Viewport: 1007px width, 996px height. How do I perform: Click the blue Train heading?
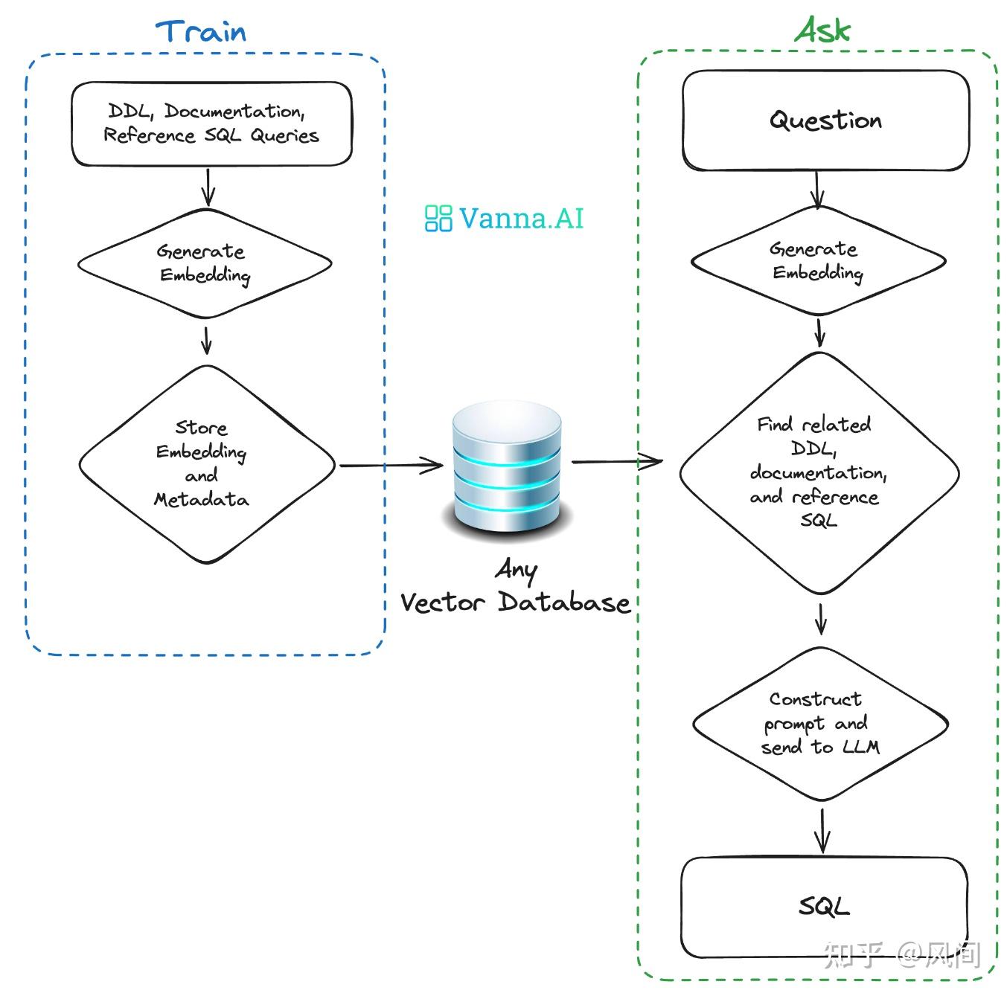pos(201,32)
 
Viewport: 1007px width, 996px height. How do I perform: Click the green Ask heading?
pos(822,30)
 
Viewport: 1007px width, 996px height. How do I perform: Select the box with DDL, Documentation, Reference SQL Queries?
pos(211,123)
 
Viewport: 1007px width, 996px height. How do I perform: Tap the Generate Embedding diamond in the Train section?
pos(205,263)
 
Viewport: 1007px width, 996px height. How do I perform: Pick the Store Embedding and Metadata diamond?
pos(206,463)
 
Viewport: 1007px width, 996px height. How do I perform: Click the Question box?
pos(825,121)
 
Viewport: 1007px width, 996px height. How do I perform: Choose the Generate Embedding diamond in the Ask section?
pos(818,261)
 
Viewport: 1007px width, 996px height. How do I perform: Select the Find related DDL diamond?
pos(819,472)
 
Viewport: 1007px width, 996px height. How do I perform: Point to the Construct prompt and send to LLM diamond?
pos(820,723)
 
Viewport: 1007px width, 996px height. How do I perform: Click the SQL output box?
pos(824,907)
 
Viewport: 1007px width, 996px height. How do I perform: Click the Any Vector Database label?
pos(515,588)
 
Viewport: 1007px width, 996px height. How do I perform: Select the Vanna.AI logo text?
pos(521,218)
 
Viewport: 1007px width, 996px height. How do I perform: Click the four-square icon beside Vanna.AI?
pos(438,218)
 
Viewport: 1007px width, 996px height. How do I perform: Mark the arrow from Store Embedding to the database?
pos(391,466)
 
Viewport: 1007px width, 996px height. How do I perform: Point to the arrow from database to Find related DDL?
pos(616,462)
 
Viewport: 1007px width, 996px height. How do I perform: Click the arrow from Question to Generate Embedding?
pos(817,190)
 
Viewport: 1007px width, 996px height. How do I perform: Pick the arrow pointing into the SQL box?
pos(822,829)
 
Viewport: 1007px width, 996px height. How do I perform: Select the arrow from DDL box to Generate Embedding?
pos(208,187)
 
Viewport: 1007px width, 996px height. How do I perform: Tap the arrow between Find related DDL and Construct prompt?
pos(820,617)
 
